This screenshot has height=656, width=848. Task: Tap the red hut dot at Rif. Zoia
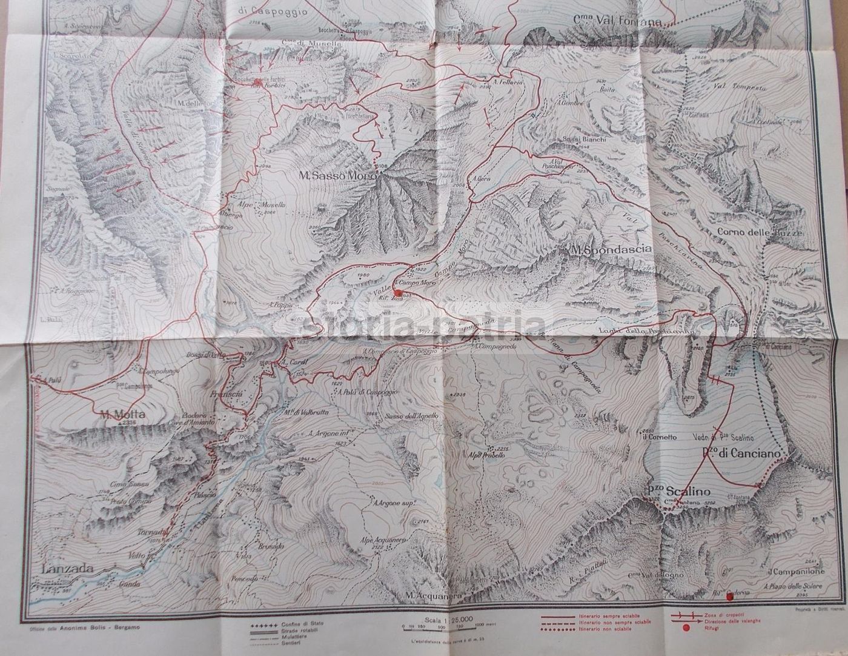[x=397, y=292]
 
